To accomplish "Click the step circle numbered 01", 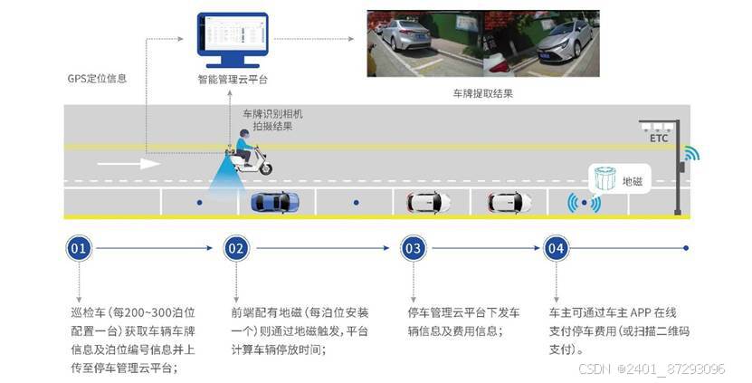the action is point(80,248).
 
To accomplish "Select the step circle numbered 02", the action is point(236,248).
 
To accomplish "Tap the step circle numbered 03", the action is point(413,248).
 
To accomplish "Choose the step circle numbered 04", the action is point(556,248).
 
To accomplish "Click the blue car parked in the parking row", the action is point(274,202).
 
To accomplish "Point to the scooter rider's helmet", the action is point(243,135).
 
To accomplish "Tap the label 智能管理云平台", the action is point(233,79).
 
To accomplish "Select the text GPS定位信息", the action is point(97,79).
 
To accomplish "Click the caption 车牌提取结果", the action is point(482,93).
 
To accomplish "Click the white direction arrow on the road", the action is point(128,164).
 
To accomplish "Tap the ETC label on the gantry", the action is point(659,139).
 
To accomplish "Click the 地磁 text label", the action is point(632,182).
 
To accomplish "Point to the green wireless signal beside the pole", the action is point(691,154).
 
